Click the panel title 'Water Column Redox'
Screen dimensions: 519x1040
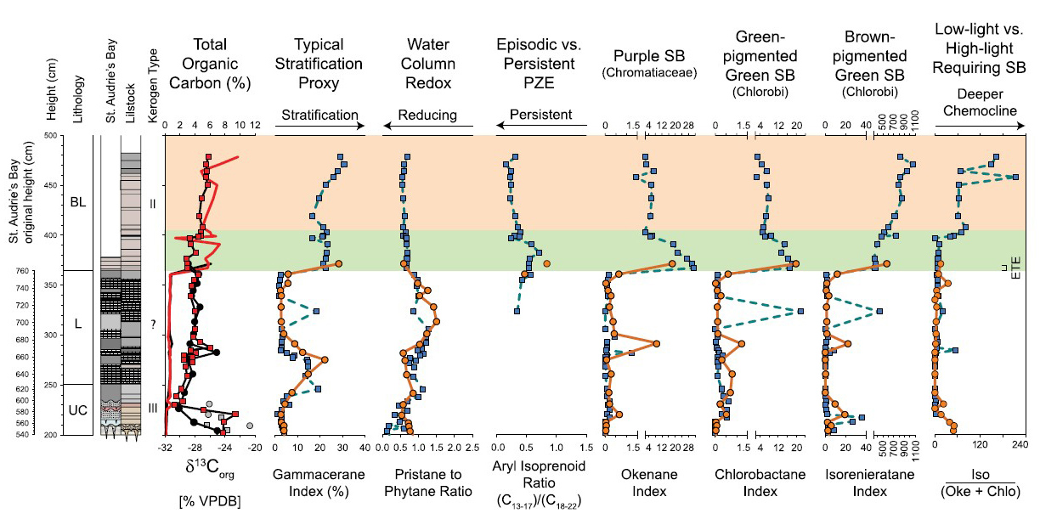point(428,64)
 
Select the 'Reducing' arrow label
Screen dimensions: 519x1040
point(428,115)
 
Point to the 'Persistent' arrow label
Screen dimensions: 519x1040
point(540,115)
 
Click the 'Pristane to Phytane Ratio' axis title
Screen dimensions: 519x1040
point(427,482)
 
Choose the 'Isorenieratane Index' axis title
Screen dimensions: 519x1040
point(868,482)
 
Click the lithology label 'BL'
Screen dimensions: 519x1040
point(79,204)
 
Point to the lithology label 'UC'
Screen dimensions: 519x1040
point(79,411)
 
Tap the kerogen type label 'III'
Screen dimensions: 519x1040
point(153,409)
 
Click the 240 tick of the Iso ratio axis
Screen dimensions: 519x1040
point(1025,444)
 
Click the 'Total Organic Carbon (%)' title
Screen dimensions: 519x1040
point(209,64)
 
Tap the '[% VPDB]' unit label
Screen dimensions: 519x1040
point(211,499)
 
